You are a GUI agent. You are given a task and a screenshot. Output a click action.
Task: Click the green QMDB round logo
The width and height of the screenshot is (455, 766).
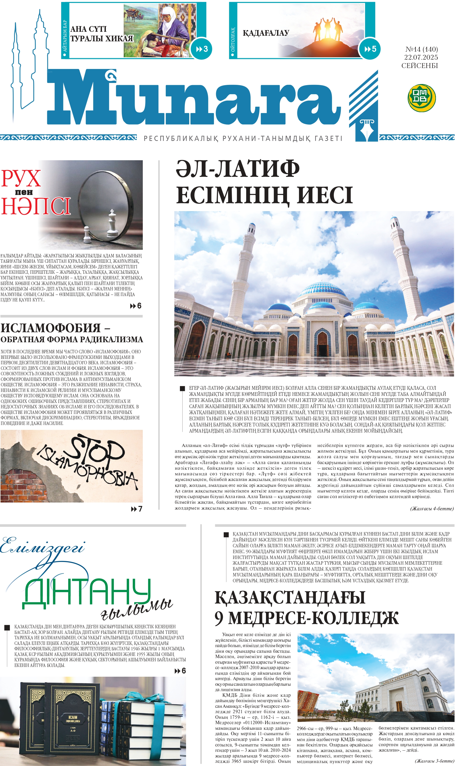click(x=422, y=98)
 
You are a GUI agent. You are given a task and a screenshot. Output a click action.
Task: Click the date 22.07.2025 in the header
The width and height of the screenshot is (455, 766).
click(x=421, y=57)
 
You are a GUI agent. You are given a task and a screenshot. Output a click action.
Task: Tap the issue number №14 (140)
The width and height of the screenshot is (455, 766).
click(x=421, y=49)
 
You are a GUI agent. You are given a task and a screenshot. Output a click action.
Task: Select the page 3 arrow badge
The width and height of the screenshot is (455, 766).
click(x=201, y=49)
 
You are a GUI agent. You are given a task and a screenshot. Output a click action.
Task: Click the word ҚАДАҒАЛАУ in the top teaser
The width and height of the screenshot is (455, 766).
click(x=266, y=33)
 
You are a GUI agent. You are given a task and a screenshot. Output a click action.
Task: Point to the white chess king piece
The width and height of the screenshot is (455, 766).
click(x=112, y=224)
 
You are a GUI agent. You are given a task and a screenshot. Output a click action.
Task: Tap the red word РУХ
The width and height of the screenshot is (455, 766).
click(x=21, y=179)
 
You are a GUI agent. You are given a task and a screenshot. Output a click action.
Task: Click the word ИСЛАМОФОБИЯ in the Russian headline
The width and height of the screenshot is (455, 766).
click(x=51, y=328)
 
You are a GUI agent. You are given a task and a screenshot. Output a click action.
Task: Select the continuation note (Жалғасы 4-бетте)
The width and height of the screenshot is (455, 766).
click(x=432, y=509)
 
